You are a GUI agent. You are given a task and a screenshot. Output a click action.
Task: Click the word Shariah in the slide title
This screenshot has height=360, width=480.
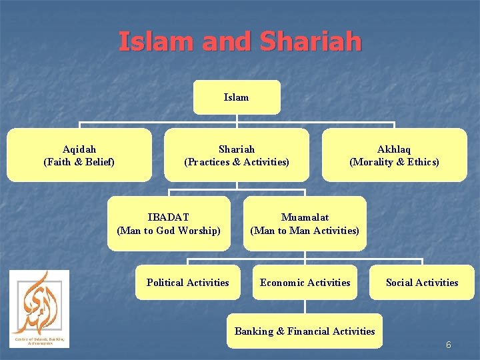(x=311, y=41)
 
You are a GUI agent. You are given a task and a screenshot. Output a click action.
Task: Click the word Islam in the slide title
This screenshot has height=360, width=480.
(x=157, y=41)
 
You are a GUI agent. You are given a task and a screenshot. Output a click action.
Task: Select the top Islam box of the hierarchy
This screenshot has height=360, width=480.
(x=237, y=97)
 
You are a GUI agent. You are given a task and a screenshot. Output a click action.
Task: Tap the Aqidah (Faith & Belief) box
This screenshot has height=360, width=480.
(x=79, y=155)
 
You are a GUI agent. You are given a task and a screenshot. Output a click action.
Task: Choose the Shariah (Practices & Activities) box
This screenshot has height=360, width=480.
(x=237, y=155)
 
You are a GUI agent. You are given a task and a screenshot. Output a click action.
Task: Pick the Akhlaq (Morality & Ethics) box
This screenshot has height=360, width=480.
(x=394, y=155)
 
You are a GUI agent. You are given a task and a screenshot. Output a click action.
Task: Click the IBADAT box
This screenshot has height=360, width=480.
(x=169, y=223)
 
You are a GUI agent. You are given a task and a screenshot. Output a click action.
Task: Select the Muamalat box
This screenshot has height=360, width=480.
(x=305, y=223)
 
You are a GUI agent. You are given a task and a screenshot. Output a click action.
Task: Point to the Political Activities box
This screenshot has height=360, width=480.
(x=187, y=283)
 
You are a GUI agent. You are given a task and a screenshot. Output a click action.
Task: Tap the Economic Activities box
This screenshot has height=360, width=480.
(x=305, y=283)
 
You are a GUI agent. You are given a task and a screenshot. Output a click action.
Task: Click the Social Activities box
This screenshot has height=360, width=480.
(x=422, y=283)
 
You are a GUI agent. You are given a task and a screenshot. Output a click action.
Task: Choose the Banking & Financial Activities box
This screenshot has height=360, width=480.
(x=305, y=331)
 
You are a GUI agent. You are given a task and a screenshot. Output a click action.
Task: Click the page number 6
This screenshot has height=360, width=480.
(x=449, y=345)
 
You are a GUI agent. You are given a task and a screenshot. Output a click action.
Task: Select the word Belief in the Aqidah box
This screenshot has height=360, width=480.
(x=98, y=162)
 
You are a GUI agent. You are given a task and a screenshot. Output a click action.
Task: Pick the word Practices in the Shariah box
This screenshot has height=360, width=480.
(x=209, y=162)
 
